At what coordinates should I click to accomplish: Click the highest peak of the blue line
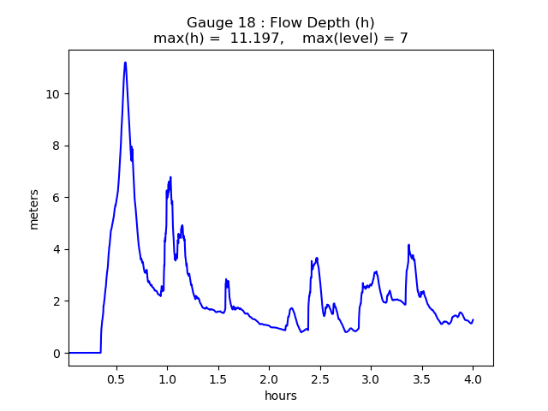pyautogui.click(x=125, y=62)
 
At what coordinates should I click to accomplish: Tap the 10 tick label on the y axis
pyautogui.click(x=53, y=93)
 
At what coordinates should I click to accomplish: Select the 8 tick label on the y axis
pyautogui.click(x=57, y=146)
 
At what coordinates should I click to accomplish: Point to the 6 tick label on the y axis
pyautogui.click(x=57, y=198)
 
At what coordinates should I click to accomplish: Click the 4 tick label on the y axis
pyautogui.click(x=57, y=249)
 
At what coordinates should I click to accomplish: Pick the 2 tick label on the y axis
pyautogui.click(x=57, y=301)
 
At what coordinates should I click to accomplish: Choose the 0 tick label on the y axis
pyautogui.click(x=57, y=353)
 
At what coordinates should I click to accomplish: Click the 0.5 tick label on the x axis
pyautogui.click(x=116, y=378)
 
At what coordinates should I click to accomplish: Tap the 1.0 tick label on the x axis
pyautogui.click(x=167, y=378)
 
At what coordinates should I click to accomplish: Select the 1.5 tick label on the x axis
pyautogui.click(x=217, y=378)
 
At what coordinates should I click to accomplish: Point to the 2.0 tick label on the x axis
pyautogui.click(x=269, y=378)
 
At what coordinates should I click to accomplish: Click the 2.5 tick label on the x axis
pyautogui.click(x=319, y=378)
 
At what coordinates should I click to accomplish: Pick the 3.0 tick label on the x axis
pyautogui.click(x=371, y=378)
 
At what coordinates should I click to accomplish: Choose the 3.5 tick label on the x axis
pyautogui.click(x=421, y=378)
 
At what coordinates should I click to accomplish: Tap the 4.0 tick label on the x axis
pyautogui.click(x=473, y=378)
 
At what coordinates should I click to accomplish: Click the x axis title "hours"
pyautogui.click(x=281, y=396)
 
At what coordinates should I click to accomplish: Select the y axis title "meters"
pyautogui.click(x=34, y=208)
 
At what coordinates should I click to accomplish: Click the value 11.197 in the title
pyautogui.click(x=256, y=39)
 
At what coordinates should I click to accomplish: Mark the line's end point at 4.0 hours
pyautogui.click(x=473, y=319)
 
